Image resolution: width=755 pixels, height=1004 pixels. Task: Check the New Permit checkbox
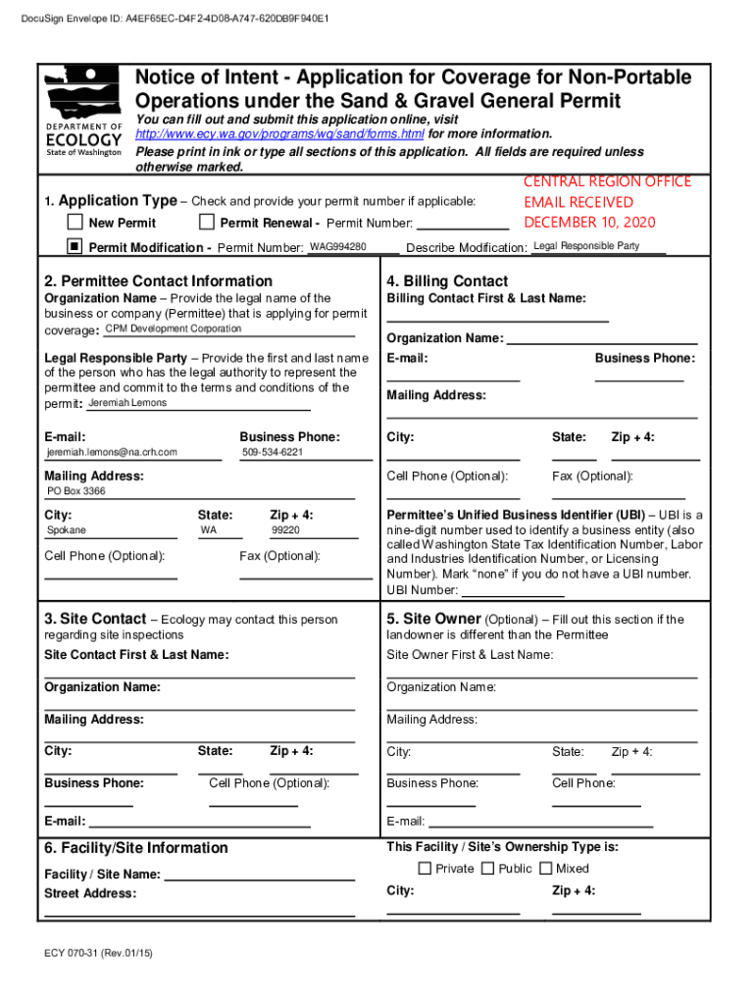click(75, 223)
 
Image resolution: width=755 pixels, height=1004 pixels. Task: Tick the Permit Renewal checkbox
click(207, 223)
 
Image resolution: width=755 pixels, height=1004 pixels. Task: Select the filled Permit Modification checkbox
click(75, 246)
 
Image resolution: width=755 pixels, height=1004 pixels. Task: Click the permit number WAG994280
click(338, 246)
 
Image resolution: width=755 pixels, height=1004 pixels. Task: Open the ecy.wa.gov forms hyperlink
click(279, 133)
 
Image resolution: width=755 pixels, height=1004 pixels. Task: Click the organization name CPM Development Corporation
click(174, 328)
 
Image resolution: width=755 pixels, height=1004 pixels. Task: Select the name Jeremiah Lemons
click(127, 403)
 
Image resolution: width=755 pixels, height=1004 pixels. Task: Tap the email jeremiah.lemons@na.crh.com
click(113, 452)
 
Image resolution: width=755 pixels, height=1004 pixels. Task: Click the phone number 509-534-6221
click(273, 452)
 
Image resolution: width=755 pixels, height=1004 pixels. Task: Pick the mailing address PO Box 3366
click(76, 491)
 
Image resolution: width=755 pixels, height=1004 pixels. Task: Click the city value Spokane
click(67, 530)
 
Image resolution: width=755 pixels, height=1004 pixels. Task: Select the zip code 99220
click(285, 530)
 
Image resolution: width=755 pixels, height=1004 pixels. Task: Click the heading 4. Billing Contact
click(447, 281)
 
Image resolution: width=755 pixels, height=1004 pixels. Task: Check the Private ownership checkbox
click(425, 869)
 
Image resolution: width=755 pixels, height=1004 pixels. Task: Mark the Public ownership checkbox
click(487, 869)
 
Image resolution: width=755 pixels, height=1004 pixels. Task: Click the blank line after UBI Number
click(512, 591)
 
